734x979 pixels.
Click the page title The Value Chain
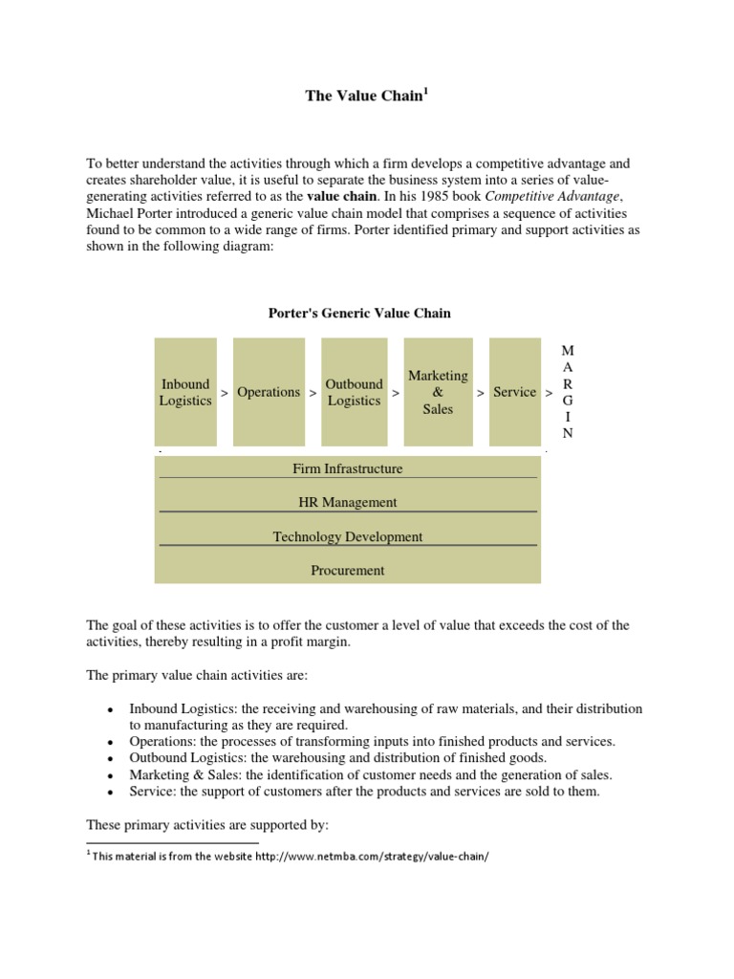tap(363, 96)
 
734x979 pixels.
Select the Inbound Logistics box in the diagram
tap(185, 392)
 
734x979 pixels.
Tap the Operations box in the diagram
tap(269, 392)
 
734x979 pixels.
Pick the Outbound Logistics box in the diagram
tap(354, 392)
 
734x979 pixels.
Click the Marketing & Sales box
tap(438, 392)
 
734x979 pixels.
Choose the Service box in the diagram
tap(514, 392)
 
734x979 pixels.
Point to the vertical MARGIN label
tap(568, 392)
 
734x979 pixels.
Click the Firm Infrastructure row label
tap(348, 468)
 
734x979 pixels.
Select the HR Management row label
tap(348, 502)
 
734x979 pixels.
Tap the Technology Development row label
tap(348, 536)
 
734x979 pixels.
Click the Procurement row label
tap(348, 571)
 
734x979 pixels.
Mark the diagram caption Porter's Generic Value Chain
tap(357, 313)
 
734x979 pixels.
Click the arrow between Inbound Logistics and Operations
tap(224, 393)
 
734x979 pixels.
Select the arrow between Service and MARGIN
tap(549, 393)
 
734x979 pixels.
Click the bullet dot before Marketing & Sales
tap(111, 776)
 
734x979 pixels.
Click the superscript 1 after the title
tap(425, 91)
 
